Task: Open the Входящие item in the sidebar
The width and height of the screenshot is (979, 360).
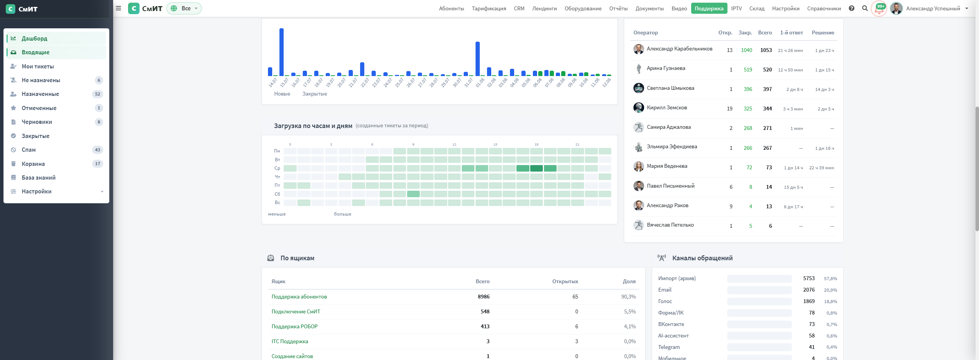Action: (x=56, y=52)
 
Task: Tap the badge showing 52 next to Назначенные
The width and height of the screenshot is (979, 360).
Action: (x=97, y=94)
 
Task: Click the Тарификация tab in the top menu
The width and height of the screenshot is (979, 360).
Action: (x=489, y=8)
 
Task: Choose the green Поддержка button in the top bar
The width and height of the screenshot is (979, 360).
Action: (x=709, y=8)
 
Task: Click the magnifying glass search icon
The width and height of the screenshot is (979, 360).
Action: (x=865, y=8)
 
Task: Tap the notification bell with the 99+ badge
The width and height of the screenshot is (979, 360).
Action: (x=879, y=9)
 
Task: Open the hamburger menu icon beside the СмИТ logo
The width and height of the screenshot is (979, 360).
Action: (x=119, y=8)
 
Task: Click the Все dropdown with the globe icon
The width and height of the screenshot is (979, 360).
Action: (x=184, y=8)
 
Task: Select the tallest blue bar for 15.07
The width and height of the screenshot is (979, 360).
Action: (x=281, y=52)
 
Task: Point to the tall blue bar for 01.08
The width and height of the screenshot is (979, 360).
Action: (x=477, y=59)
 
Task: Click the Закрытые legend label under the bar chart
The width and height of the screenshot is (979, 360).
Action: (x=315, y=94)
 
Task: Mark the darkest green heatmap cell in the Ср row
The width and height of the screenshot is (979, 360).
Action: (x=536, y=168)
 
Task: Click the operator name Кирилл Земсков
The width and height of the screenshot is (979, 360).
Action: (x=667, y=108)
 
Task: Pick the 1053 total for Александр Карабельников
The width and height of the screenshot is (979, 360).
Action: (x=766, y=50)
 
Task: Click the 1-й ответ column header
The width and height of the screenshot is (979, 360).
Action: (x=791, y=33)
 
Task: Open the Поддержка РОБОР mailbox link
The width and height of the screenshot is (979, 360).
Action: (x=294, y=327)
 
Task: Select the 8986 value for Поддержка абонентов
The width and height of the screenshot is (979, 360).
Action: (x=484, y=297)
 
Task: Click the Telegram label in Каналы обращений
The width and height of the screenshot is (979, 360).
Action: (x=669, y=347)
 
